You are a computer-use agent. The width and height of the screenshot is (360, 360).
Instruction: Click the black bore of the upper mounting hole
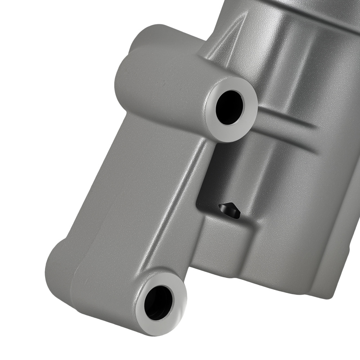pyautogui.click(x=229, y=107)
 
